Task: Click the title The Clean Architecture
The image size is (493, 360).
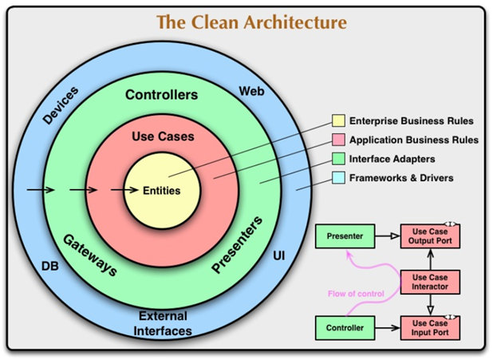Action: (251, 22)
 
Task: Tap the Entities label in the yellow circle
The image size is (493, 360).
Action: (162, 191)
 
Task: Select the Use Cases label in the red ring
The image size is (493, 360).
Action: (163, 136)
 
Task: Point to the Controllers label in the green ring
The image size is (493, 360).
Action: (162, 94)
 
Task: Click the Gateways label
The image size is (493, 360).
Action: (90, 255)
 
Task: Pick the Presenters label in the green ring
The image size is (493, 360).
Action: (237, 244)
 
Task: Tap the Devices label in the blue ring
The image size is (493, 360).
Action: (61, 105)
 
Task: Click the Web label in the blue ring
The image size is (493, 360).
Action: (251, 91)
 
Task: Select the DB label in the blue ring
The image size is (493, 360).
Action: (50, 267)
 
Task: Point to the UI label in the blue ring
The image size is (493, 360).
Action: (279, 256)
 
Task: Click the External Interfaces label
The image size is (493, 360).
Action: (163, 323)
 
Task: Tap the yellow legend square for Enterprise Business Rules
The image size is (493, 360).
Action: (338, 121)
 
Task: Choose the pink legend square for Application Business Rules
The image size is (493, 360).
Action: (338, 140)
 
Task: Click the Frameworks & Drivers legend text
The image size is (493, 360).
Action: (401, 178)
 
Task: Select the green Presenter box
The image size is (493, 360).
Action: (345, 236)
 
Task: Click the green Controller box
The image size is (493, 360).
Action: (345, 328)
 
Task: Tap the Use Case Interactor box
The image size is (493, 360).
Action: (430, 282)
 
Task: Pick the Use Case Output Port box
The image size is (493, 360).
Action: (430, 236)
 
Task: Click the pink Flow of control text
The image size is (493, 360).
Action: (356, 294)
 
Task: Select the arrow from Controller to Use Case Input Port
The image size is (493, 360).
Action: (388, 328)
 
